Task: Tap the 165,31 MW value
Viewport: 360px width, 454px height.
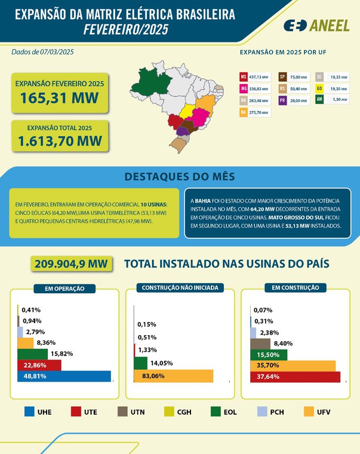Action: [x=60, y=99]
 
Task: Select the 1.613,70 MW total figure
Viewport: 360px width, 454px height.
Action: [x=60, y=141]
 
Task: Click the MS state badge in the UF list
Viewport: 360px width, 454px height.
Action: [x=244, y=77]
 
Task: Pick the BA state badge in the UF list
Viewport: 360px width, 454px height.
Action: [x=244, y=112]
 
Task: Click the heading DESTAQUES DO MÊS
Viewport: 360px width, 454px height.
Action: [x=180, y=177]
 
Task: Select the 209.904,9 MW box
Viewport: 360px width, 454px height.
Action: [x=71, y=264]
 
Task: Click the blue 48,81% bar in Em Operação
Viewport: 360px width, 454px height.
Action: [x=64, y=376]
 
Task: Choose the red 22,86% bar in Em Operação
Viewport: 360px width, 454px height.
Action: [x=39, y=365]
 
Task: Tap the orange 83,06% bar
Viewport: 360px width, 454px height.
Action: [x=173, y=376]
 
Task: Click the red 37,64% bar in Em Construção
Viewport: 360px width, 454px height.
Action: [x=295, y=376]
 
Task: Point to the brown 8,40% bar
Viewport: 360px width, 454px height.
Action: [x=260, y=343]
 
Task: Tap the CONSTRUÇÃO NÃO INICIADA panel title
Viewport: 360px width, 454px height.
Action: [x=180, y=287]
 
